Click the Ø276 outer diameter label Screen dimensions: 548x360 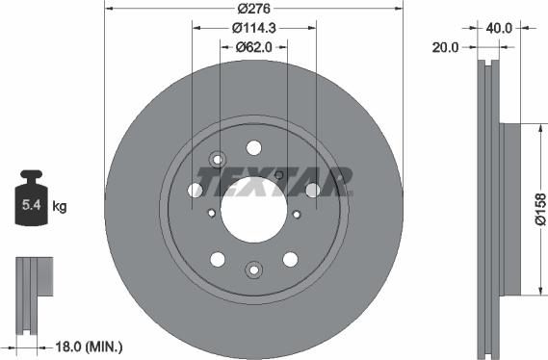click(x=253, y=9)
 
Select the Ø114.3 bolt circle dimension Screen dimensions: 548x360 click(x=254, y=28)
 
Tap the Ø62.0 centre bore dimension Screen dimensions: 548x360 click(x=253, y=47)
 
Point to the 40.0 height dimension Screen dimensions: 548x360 click(x=499, y=28)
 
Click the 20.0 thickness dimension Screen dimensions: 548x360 click(x=445, y=47)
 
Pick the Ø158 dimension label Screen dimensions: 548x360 click(x=540, y=210)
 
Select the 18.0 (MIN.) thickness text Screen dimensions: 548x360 click(x=89, y=347)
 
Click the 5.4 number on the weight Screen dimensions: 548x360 click(x=32, y=205)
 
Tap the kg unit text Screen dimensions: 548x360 click(x=59, y=206)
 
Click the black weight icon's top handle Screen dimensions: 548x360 click(x=31, y=174)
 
